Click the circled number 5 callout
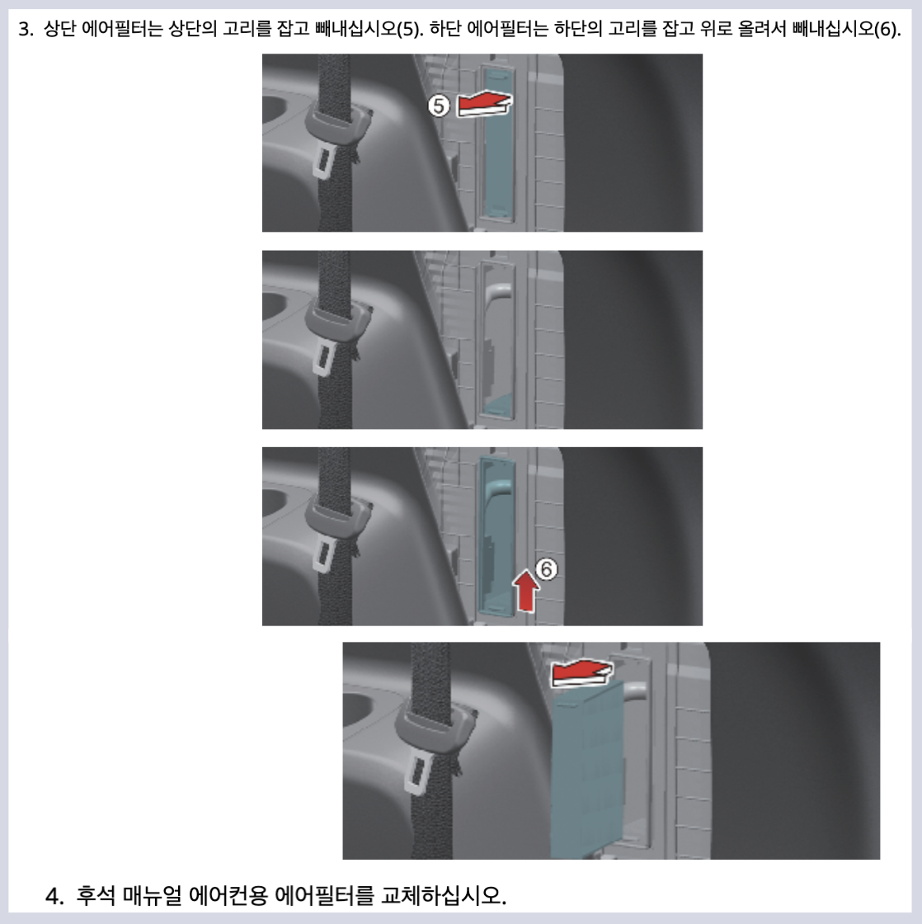[440, 105]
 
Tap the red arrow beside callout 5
[484, 104]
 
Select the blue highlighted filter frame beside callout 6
[496, 536]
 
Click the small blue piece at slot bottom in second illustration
[495, 403]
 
